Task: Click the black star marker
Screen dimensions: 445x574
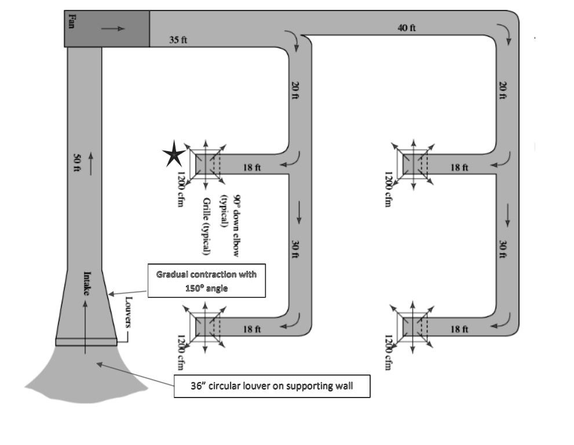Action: (173, 155)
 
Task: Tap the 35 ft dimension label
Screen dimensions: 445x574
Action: (178, 41)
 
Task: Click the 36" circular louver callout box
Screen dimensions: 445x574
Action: (272, 388)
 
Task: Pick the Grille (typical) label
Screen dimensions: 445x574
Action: (206, 226)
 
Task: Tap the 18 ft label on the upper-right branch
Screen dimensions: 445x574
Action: (459, 167)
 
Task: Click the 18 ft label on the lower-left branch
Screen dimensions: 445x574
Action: (251, 329)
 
